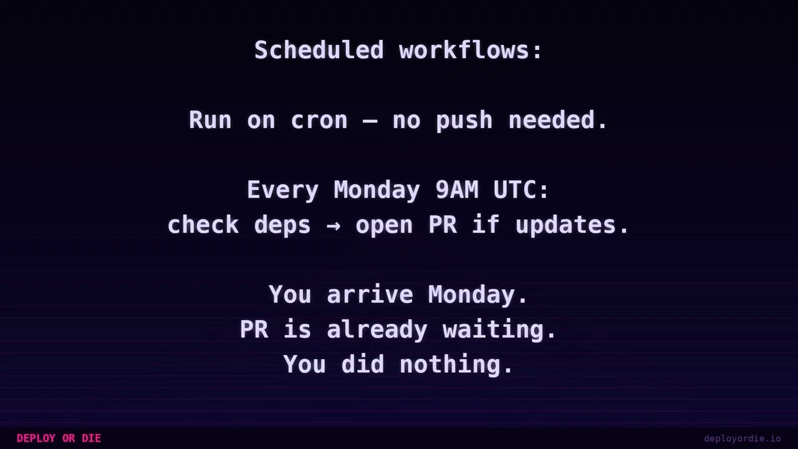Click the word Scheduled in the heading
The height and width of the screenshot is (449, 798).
coord(319,51)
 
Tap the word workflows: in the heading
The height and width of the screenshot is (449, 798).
coord(471,51)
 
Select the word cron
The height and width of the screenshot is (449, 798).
coord(319,120)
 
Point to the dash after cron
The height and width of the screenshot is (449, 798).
coord(370,120)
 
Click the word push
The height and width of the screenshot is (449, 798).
coord(464,120)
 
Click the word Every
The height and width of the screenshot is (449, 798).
coord(282,190)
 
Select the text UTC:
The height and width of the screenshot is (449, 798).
coord(521,190)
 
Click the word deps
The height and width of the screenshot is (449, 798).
coord(282,225)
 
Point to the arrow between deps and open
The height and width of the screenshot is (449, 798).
coord(334,225)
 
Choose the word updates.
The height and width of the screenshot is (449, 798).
coord(572,225)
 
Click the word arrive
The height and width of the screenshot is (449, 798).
coord(370,295)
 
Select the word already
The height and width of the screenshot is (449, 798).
coord(377,330)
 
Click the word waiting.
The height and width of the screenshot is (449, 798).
coord(500,330)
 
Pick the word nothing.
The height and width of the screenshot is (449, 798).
coord(456,365)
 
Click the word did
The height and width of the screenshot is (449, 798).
coord(362,365)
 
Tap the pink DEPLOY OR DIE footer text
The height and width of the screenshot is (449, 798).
coord(59,438)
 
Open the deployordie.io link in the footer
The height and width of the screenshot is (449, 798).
coord(742,438)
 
